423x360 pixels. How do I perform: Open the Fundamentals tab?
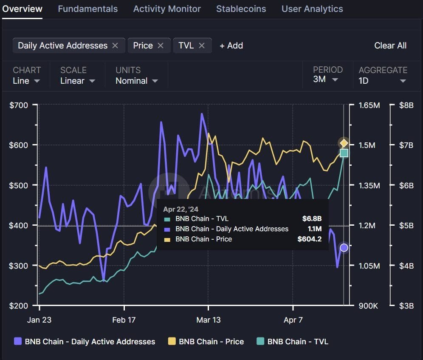[87, 9]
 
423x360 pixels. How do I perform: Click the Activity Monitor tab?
[167, 9]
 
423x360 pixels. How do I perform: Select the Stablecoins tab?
[241, 9]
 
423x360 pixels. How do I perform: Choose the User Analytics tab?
[312, 9]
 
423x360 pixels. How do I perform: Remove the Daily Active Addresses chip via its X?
[115, 45]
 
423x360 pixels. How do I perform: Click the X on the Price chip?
[161, 45]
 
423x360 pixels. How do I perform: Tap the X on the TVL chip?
[202, 45]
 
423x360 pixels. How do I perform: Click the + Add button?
[231, 45]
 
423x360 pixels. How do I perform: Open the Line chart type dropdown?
[26, 81]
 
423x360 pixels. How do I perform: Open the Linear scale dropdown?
[77, 81]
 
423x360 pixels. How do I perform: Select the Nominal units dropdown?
[136, 81]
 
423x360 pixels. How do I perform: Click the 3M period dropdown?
[325, 79]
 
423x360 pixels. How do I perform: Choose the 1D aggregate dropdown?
[382, 81]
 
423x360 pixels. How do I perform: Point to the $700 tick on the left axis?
[18, 105]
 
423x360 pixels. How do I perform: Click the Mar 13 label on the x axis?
[209, 320]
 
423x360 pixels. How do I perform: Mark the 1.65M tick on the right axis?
[369, 105]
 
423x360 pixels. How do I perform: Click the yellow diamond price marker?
[344, 143]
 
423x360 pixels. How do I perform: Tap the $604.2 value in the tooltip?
[309, 239]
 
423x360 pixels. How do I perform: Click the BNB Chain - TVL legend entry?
[293, 341]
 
